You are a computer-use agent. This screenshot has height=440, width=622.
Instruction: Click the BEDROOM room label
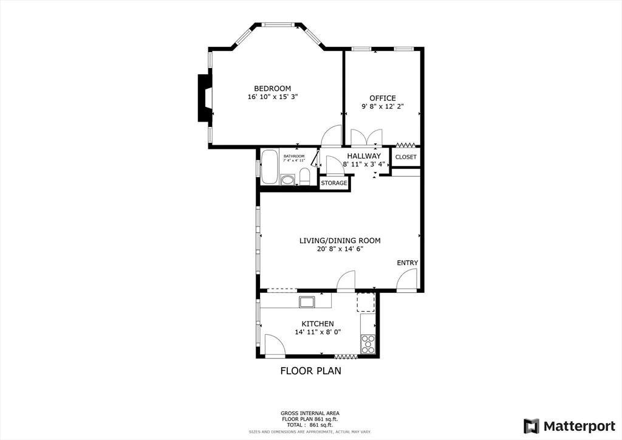(272, 88)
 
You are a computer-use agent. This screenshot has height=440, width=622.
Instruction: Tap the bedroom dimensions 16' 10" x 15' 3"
(272, 97)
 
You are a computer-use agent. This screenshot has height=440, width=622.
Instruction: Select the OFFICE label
(383, 98)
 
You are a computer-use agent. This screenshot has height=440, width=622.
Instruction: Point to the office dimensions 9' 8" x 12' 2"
(383, 106)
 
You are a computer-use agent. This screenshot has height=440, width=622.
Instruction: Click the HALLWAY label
(364, 156)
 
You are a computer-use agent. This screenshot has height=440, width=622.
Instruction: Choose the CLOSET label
(406, 157)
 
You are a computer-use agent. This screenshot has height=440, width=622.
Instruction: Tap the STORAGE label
(334, 183)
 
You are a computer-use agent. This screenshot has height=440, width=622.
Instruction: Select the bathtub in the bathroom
(270, 166)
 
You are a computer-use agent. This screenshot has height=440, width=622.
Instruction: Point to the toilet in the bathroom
(305, 177)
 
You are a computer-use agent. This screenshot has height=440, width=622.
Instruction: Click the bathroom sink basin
(287, 180)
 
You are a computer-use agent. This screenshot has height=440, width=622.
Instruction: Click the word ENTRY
(408, 263)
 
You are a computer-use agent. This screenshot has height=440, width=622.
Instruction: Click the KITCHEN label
(318, 323)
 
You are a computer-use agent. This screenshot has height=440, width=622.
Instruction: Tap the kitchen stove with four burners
(367, 344)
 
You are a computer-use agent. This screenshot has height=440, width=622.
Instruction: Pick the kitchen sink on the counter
(306, 301)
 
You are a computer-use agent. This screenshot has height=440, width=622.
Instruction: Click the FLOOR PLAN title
(310, 371)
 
